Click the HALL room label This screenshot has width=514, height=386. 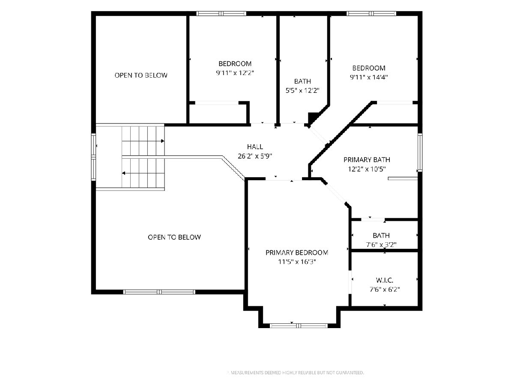click(255, 147)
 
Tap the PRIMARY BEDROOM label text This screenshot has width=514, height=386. click(297, 253)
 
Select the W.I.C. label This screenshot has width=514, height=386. click(385, 280)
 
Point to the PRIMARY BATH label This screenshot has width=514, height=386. click(367, 160)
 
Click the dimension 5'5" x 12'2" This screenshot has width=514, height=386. click(302, 90)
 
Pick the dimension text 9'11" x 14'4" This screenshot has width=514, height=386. click(369, 77)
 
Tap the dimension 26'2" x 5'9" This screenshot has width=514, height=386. click(255, 156)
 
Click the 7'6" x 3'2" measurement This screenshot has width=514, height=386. click(381, 244)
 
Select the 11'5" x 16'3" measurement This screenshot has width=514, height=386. click(297, 262)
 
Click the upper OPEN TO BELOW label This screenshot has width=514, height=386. click(141, 75)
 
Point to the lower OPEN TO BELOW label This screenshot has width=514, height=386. click(174, 237)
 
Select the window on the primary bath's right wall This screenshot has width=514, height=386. click(420, 152)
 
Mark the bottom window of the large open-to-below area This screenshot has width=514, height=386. click(159, 292)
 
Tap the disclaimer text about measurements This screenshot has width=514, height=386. click(297, 372)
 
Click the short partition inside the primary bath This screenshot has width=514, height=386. click(403, 178)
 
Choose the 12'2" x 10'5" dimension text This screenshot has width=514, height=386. click(367, 169)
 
